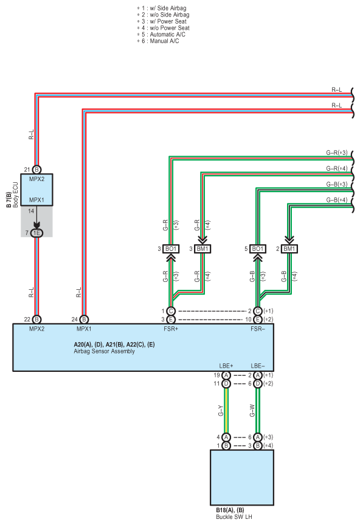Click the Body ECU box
(36, 190)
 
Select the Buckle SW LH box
(241, 477)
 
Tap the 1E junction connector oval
(36, 233)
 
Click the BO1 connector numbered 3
(171, 249)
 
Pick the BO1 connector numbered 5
(258, 249)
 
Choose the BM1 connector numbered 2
(289, 249)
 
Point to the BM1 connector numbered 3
(202, 249)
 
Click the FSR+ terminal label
(171, 329)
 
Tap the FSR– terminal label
(258, 329)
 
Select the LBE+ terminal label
(226, 366)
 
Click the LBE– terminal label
(258, 366)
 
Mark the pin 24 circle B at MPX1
(84, 320)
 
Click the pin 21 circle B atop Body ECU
(36, 170)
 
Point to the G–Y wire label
(220, 411)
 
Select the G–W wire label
(252, 411)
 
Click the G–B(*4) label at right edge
(337, 200)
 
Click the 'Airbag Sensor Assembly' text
(104, 351)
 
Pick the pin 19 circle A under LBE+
(226, 376)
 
